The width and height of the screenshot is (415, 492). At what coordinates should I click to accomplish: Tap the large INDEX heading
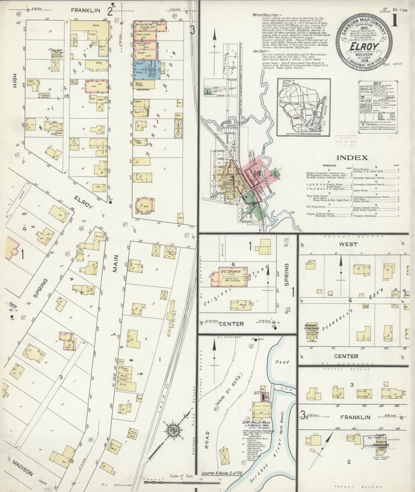[x=352, y=157]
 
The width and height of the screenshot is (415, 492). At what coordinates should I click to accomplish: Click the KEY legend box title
[x=377, y=83]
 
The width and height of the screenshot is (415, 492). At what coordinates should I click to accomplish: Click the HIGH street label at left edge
[x=15, y=81]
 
